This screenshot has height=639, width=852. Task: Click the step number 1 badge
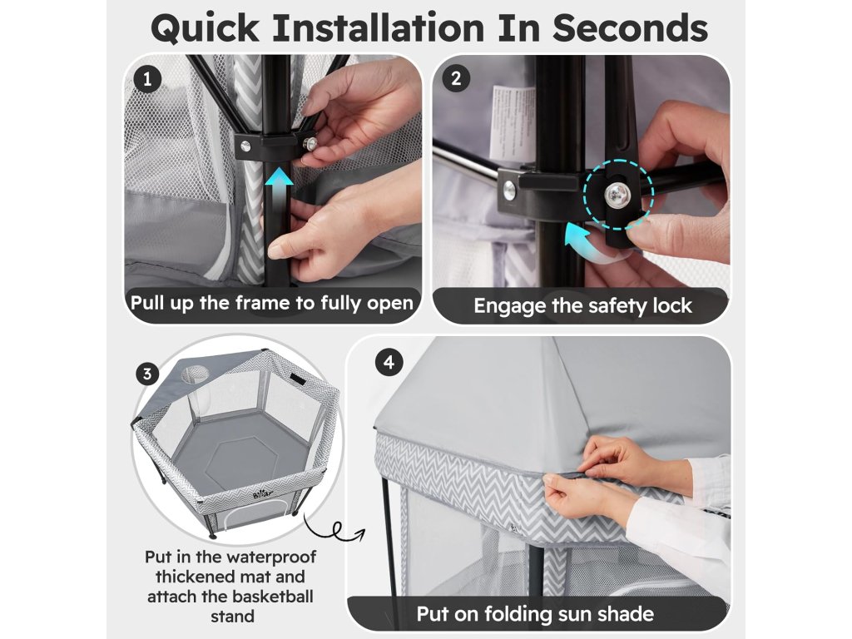point(146,79)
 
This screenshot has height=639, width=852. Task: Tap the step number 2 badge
point(456,79)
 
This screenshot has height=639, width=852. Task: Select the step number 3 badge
point(147,374)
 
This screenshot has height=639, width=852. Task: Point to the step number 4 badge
point(389,362)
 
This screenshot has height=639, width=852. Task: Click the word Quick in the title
point(205,28)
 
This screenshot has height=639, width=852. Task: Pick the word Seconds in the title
point(631,27)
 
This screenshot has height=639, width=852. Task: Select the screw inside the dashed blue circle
point(617,193)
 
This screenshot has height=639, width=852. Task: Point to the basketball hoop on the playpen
point(194,374)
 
